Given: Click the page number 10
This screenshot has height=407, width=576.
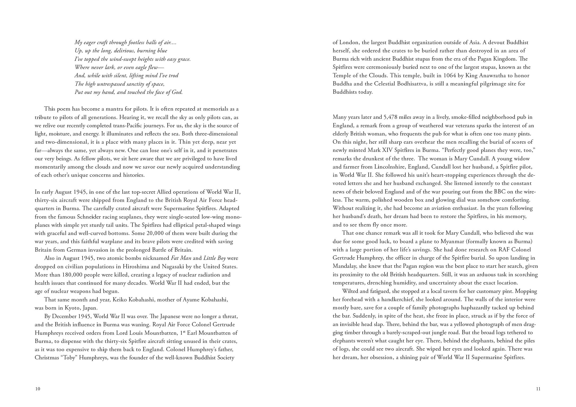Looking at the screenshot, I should tap(37, 389).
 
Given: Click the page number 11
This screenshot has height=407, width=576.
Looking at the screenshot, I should tap(538, 389).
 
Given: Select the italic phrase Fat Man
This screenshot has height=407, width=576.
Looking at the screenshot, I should tap(181, 258).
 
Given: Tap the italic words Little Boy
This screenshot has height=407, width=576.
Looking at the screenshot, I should tap(215, 258).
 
